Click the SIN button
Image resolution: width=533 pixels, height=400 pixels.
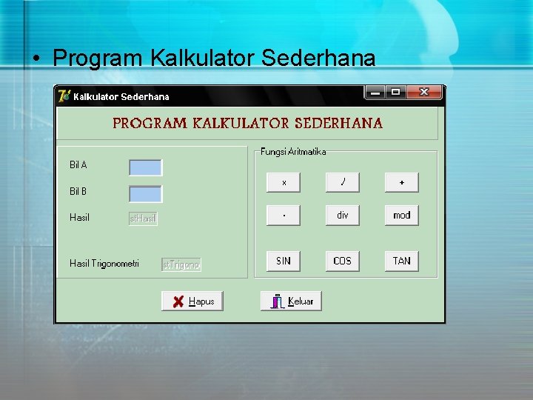(x=284, y=261)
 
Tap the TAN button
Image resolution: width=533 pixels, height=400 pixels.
(x=401, y=261)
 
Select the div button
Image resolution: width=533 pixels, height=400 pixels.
(x=342, y=216)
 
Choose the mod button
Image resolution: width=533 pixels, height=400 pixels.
(x=401, y=216)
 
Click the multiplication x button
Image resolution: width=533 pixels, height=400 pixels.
(x=284, y=182)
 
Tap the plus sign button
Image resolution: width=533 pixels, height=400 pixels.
(x=401, y=182)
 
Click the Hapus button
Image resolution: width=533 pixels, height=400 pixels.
(x=192, y=301)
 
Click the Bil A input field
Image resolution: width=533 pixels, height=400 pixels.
(x=145, y=167)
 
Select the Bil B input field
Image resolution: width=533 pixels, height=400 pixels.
(x=145, y=193)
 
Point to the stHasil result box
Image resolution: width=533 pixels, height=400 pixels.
(x=144, y=219)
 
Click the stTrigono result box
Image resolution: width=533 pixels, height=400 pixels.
(x=181, y=264)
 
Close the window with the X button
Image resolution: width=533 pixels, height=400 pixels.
(x=424, y=93)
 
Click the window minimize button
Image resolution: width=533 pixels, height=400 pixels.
(x=375, y=93)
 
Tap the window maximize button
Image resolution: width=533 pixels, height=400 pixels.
(x=395, y=93)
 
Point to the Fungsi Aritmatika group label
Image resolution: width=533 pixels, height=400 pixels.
(x=293, y=152)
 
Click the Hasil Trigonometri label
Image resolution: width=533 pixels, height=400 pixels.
(x=104, y=264)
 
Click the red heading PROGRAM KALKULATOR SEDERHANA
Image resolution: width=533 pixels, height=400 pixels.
(x=247, y=124)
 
